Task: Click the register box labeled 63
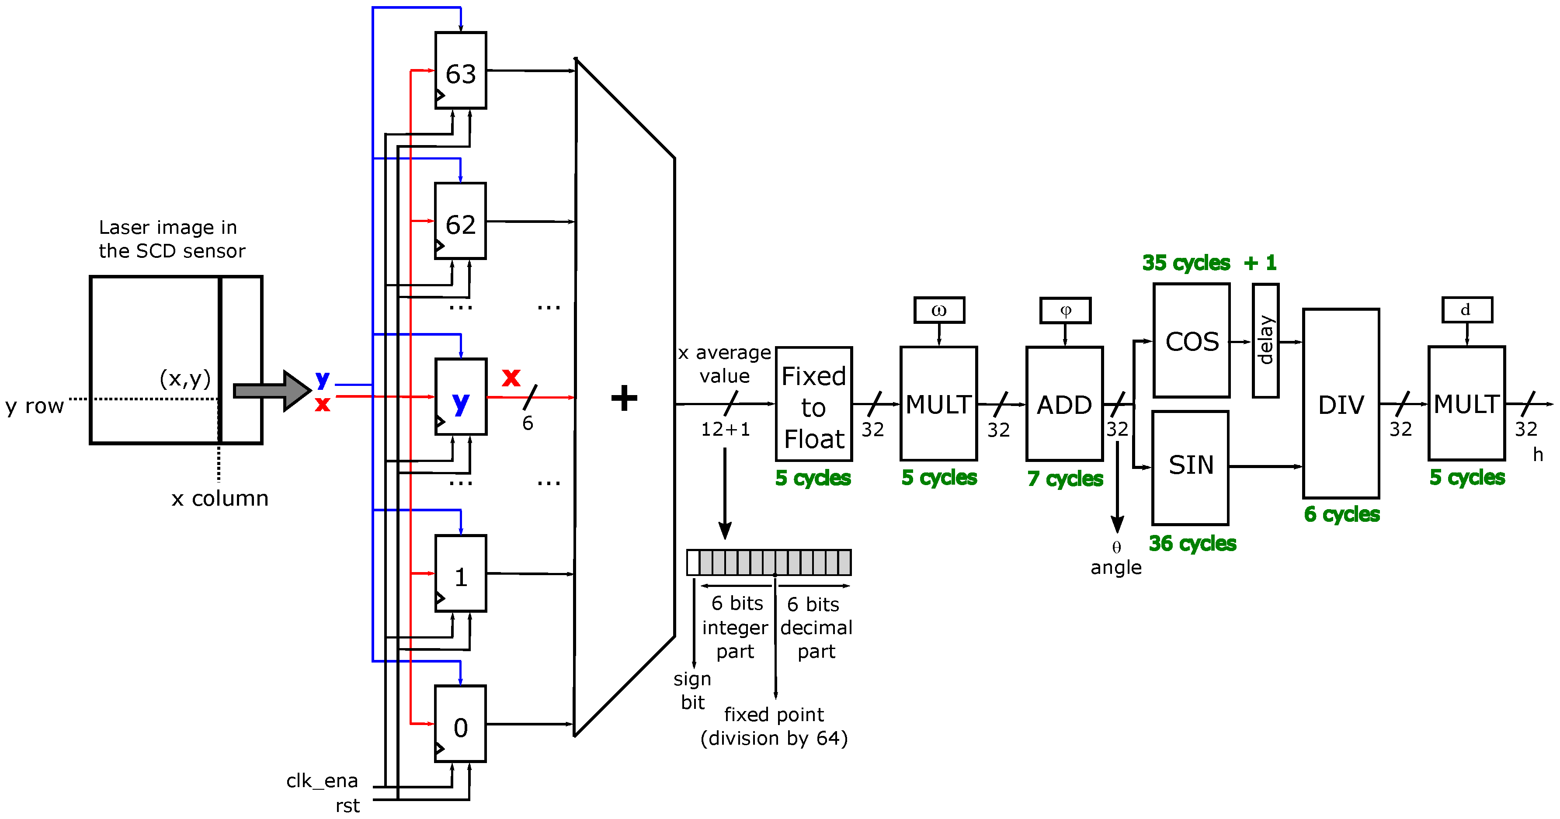460,71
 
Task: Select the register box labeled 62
460,222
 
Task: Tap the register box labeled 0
460,724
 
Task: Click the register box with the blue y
460,397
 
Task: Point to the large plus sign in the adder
624,398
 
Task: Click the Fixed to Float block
814,404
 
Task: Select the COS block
1191,341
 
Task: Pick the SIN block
1190,467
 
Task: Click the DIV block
1341,404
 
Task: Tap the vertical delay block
1265,341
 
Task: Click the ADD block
1064,404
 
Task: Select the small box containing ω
938,310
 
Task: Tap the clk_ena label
322,781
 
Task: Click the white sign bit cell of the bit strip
693,562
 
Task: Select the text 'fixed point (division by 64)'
774,726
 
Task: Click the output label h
1538,455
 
